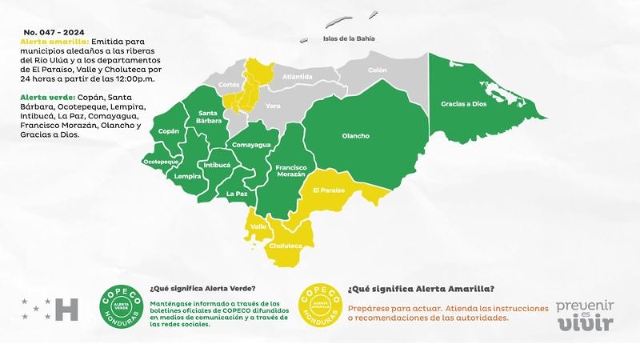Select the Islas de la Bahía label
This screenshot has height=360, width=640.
tap(348, 38)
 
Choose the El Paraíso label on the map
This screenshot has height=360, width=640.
tap(328, 190)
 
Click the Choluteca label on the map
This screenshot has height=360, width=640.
tap(286, 246)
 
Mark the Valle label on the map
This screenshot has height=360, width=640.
tap(258, 226)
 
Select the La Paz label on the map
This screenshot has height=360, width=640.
tap(236, 194)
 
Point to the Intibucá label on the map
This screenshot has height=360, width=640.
tap(217, 165)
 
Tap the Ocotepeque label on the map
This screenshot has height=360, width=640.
tap(160, 162)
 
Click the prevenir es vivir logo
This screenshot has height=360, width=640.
tap(585, 315)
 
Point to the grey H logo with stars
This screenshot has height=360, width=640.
tap(50, 309)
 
